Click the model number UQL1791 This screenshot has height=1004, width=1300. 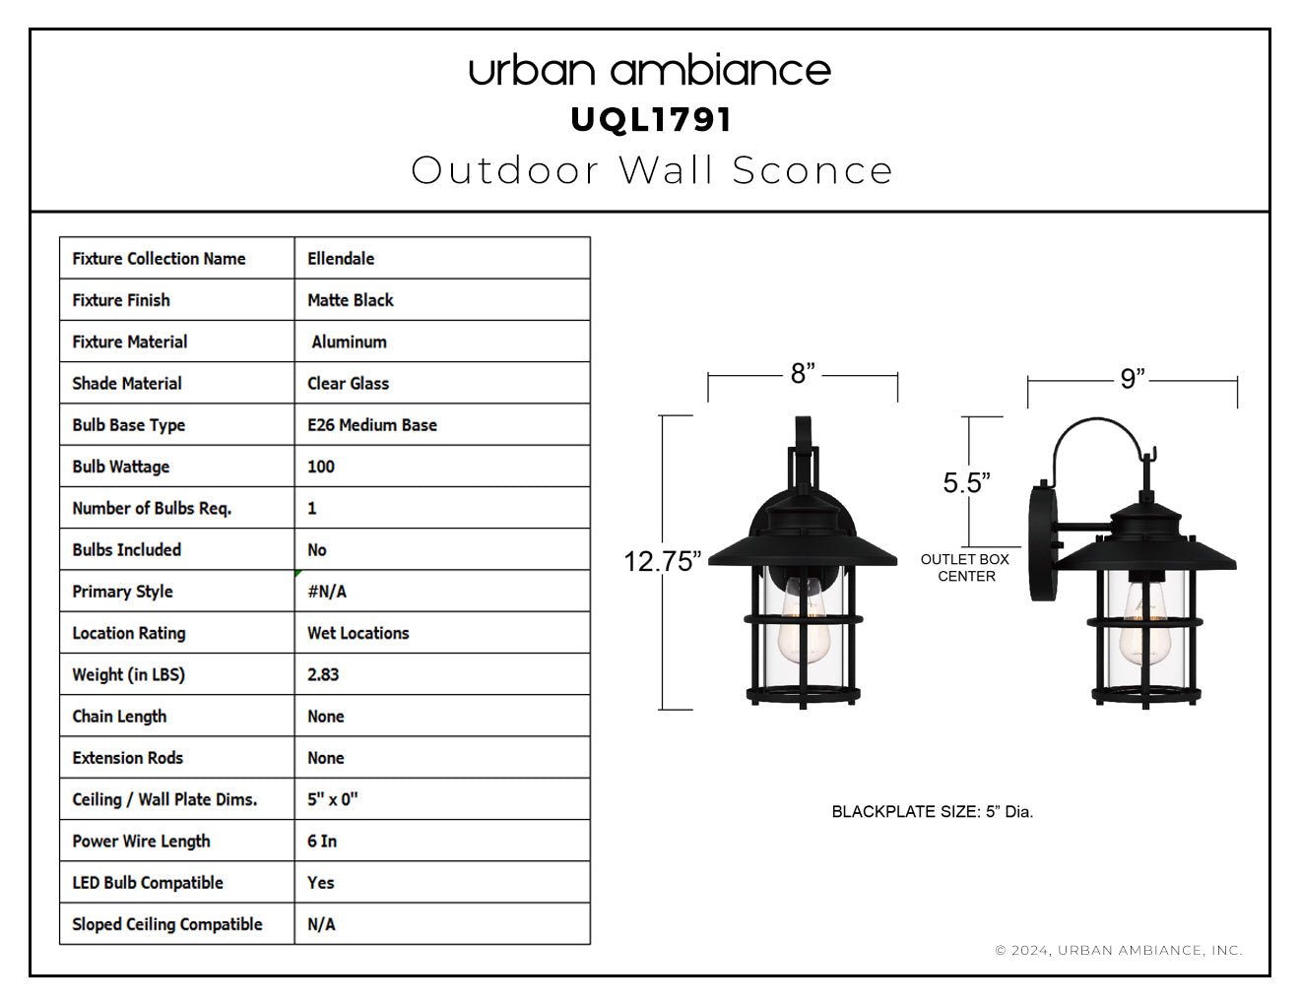651,120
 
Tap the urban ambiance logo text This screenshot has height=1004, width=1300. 650,71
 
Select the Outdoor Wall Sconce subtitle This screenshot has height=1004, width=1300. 652,170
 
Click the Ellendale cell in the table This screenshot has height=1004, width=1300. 341,258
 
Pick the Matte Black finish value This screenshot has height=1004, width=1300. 350,300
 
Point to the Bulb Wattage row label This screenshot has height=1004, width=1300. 121,467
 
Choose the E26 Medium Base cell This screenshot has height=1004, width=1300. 372,425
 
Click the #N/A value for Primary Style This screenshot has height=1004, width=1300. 327,592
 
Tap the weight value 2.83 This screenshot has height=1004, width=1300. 323,674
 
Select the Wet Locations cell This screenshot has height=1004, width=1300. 358,633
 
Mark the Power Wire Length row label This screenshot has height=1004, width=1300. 141,842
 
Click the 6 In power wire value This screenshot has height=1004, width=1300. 322,842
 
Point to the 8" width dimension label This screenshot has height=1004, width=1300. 803,373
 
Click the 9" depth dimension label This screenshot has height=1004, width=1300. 1133,379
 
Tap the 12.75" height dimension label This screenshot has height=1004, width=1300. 662,561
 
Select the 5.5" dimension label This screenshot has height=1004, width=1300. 967,482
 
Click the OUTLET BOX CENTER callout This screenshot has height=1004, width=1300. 965,568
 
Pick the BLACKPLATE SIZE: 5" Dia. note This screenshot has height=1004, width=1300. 933,811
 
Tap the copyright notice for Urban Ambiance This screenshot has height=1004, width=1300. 1119,950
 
